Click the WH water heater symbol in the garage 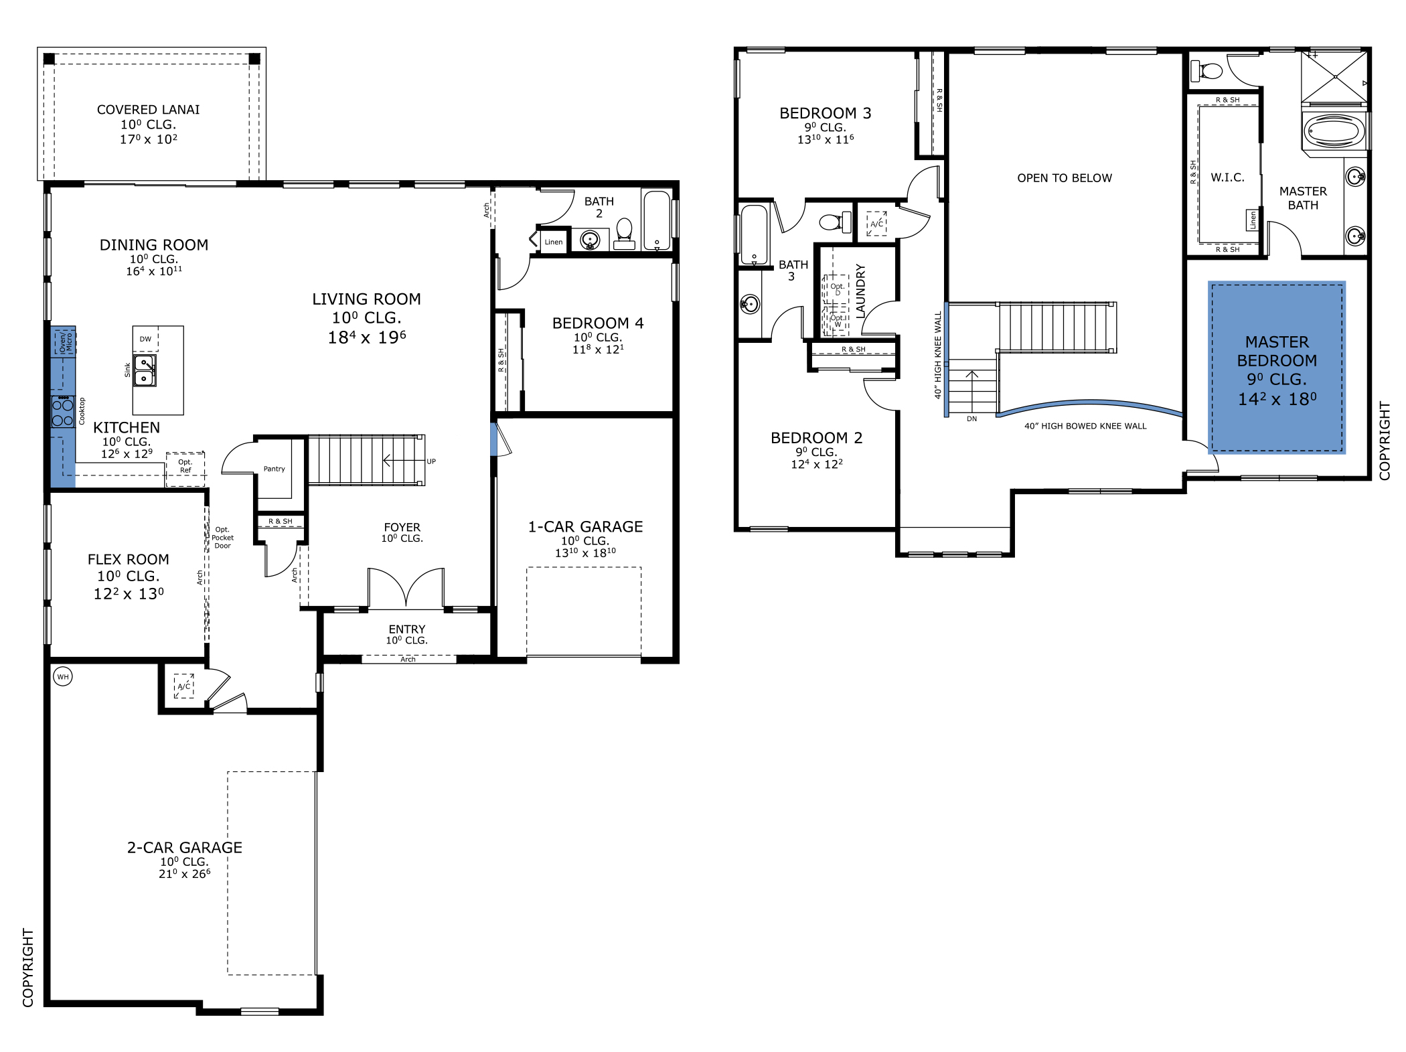62,676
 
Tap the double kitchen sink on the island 145,370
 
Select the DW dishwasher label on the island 145,339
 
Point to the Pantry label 274,469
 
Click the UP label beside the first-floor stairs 431,461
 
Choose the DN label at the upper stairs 971,419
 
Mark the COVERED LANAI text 148,110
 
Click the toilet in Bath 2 624,231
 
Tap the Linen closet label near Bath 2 554,242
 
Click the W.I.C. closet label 1227,177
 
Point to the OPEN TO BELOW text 1064,178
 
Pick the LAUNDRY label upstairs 861,291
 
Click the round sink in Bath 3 749,305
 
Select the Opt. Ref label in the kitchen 185,466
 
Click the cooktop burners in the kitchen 63,412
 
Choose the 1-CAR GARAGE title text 585,527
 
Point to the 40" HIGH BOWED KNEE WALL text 1085,426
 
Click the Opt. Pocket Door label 222,538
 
